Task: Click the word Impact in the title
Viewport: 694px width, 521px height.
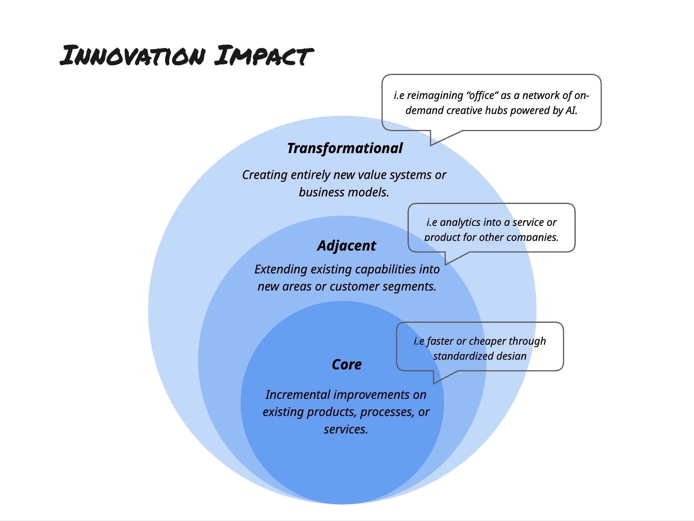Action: pos(264,56)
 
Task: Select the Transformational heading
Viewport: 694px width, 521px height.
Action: pos(344,148)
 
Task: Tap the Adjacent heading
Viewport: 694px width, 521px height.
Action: pos(346,245)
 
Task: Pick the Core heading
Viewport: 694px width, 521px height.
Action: pos(347,364)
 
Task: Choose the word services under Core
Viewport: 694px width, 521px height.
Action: pos(345,429)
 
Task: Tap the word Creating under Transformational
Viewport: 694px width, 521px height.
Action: pos(264,175)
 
